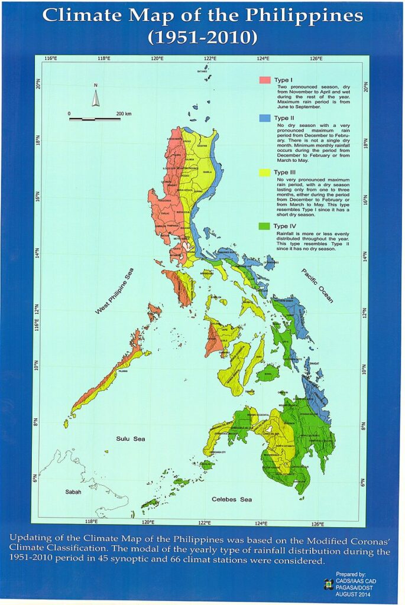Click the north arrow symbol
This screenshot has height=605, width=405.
click(x=95, y=96)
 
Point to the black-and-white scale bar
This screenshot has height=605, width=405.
click(x=95, y=119)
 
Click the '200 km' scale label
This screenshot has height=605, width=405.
click(x=124, y=113)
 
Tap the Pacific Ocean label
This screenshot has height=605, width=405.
click(x=317, y=285)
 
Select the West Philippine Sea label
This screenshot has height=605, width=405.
click(x=115, y=291)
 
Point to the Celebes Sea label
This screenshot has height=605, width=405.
click(x=232, y=500)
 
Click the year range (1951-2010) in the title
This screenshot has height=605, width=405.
click(x=202, y=38)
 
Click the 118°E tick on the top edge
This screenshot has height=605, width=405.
click(x=105, y=58)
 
